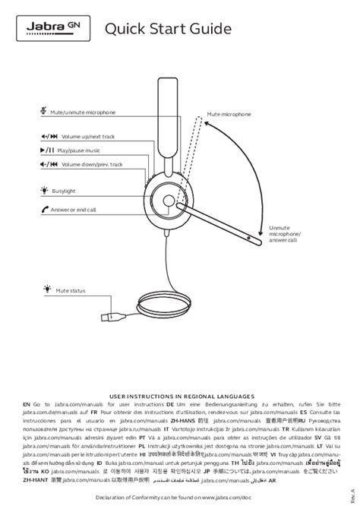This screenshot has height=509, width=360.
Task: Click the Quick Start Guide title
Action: (169, 30)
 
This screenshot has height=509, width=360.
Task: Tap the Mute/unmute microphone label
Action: (83, 112)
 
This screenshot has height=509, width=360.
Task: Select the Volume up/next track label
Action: (88, 136)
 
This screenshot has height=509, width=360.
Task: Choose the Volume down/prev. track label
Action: (92, 164)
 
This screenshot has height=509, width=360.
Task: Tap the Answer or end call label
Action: (73, 209)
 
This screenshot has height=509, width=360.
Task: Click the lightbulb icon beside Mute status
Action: (45, 289)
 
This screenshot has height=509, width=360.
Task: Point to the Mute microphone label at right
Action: (229, 113)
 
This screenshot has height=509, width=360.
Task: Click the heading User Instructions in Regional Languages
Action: (180, 396)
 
